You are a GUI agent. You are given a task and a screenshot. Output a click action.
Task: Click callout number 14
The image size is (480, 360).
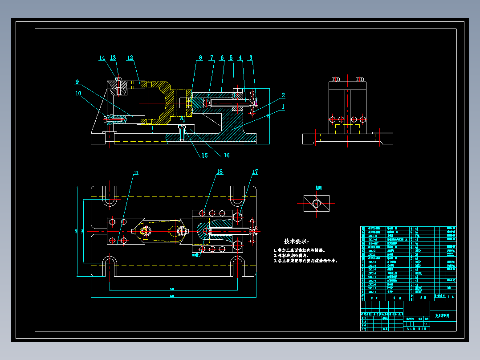point(102,58)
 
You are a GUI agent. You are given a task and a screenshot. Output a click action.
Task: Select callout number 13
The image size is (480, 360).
point(113,58)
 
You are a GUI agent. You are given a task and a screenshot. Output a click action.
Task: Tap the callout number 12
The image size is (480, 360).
point(130,58)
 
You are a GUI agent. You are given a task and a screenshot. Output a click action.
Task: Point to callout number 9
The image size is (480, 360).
point(77,82)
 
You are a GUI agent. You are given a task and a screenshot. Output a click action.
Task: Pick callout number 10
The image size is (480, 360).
point(78,93)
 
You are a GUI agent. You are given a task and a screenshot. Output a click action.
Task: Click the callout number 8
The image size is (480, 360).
point(200,57)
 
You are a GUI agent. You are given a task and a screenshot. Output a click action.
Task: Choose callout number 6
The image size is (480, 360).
point(222,57)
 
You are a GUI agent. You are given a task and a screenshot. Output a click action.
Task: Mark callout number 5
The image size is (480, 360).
point(231,57)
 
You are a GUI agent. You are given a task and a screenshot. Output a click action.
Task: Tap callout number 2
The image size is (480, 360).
point(283,95)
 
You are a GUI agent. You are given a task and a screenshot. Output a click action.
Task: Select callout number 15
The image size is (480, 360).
point(204,155)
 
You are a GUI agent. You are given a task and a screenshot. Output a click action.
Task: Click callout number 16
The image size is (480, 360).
point(227,155)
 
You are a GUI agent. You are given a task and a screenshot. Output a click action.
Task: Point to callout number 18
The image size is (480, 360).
point(220,172)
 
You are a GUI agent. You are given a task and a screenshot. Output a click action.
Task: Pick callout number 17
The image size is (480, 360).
point(255,172)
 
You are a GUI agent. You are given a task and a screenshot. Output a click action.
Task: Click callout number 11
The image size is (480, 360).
point(136,172)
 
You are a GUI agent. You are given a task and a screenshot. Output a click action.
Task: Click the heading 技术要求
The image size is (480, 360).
point(296,241)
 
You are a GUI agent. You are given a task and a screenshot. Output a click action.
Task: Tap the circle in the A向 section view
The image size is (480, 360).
point(316,204)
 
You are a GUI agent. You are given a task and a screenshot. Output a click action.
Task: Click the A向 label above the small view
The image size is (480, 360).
point(318,188)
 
